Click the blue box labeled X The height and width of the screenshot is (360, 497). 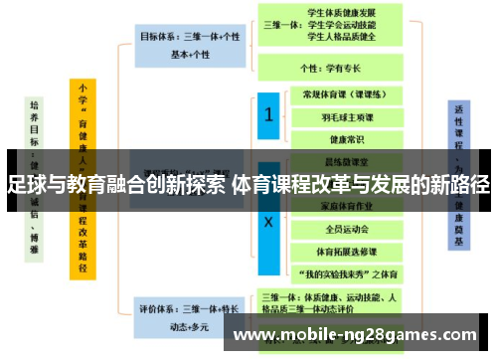[x=267, y=221]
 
